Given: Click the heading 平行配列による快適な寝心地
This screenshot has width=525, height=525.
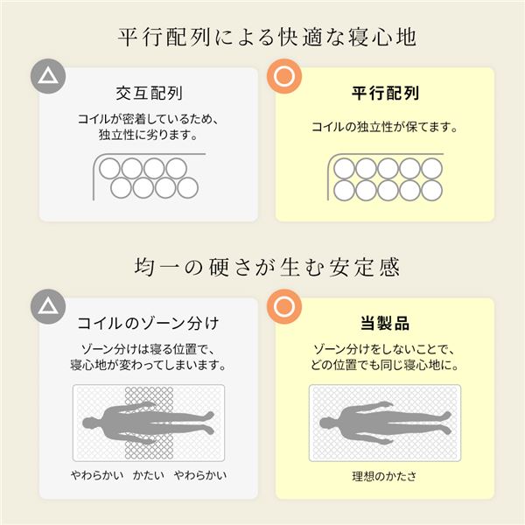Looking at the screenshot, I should coord(262,38).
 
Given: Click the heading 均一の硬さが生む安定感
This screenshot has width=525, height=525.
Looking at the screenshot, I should coord(262,266).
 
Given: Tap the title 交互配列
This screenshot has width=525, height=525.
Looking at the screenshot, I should coord(149,92).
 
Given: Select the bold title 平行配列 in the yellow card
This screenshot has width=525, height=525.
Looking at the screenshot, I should coord(385,92).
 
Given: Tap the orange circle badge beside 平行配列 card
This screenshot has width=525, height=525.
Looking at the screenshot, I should coord(283,76).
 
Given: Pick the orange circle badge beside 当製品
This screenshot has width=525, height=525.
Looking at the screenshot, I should coord(283,307).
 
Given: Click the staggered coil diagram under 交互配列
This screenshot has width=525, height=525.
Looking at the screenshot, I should coord(149,177).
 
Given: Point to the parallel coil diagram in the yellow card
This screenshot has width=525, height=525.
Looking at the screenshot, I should coord(385,178).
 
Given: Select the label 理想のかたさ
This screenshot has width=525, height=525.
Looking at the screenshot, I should coord(385,478).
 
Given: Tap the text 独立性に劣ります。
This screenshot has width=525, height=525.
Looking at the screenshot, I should coord(149,136).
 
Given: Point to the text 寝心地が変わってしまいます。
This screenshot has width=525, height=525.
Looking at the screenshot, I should coord(149,366).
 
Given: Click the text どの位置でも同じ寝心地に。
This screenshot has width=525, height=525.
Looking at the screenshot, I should coord(385,366).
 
